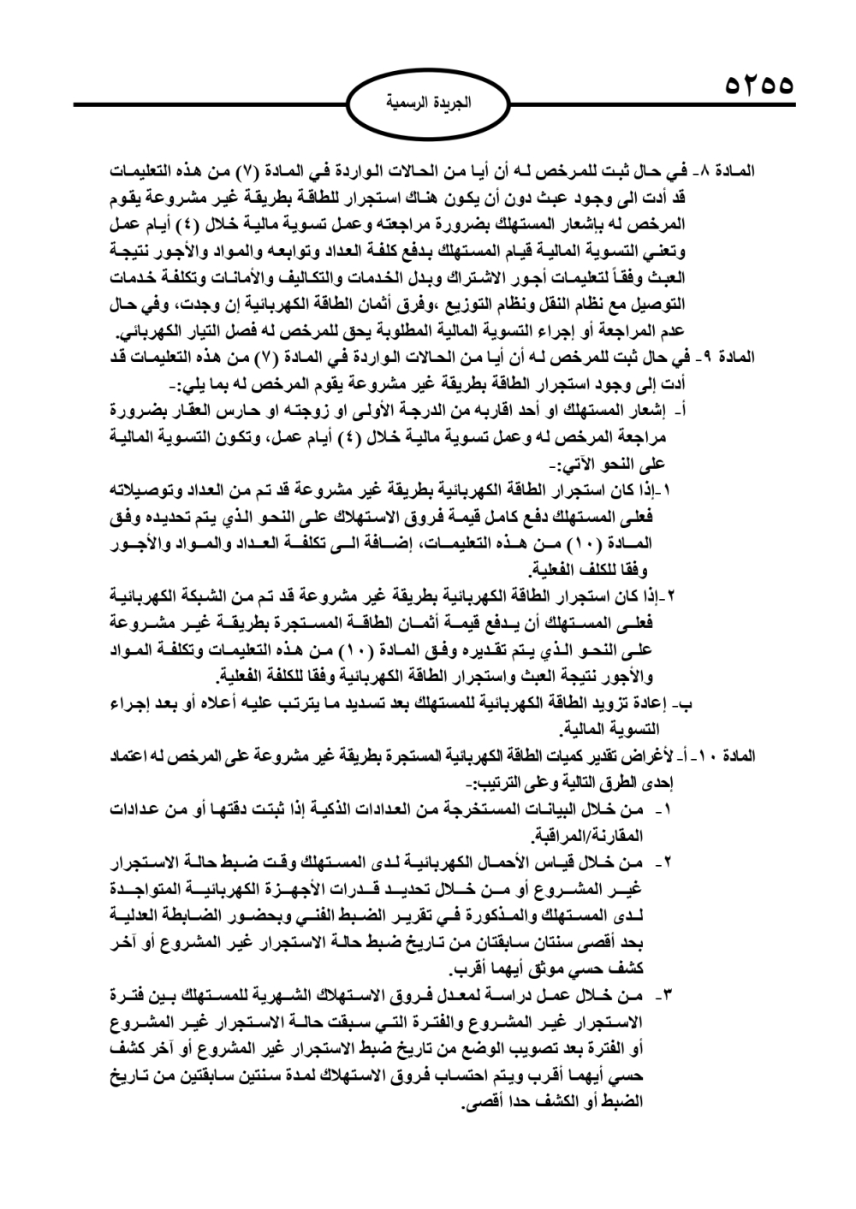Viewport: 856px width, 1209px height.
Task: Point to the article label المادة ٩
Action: (x=730, y=355)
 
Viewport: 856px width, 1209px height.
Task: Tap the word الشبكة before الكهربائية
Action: (x=205, y=595)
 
